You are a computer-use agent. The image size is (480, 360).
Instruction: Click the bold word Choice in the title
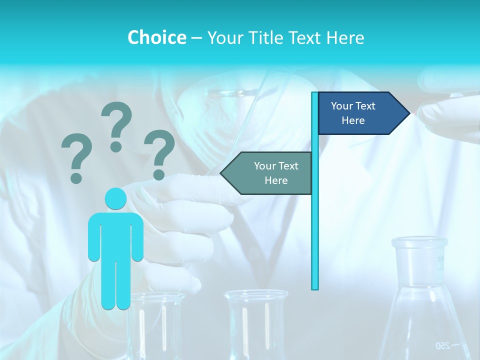click(156, 37)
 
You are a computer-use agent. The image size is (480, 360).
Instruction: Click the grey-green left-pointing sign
click(270, 173)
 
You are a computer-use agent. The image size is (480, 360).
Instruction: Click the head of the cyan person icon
click(115, 198)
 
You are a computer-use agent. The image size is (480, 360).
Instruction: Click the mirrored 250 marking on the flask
click(443, 345)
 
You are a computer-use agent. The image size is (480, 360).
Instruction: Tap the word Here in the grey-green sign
click(276, 180)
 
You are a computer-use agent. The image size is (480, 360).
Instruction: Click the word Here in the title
click(345, 37)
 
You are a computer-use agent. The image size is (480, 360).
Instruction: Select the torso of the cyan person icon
click(115, 235)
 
